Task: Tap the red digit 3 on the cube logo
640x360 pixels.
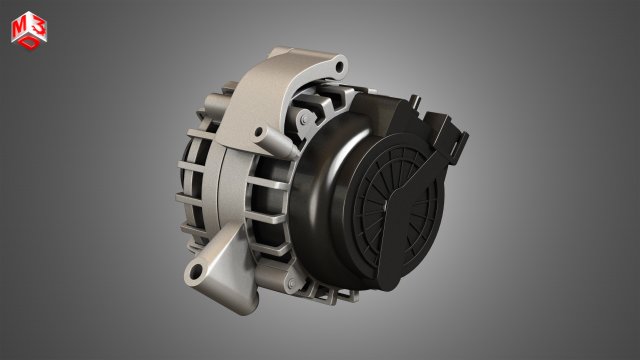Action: click(x=35, y=26)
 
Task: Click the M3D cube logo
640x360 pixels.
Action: click(x=27, y=31)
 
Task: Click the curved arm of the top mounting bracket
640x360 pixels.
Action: click(x=270, y=85)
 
